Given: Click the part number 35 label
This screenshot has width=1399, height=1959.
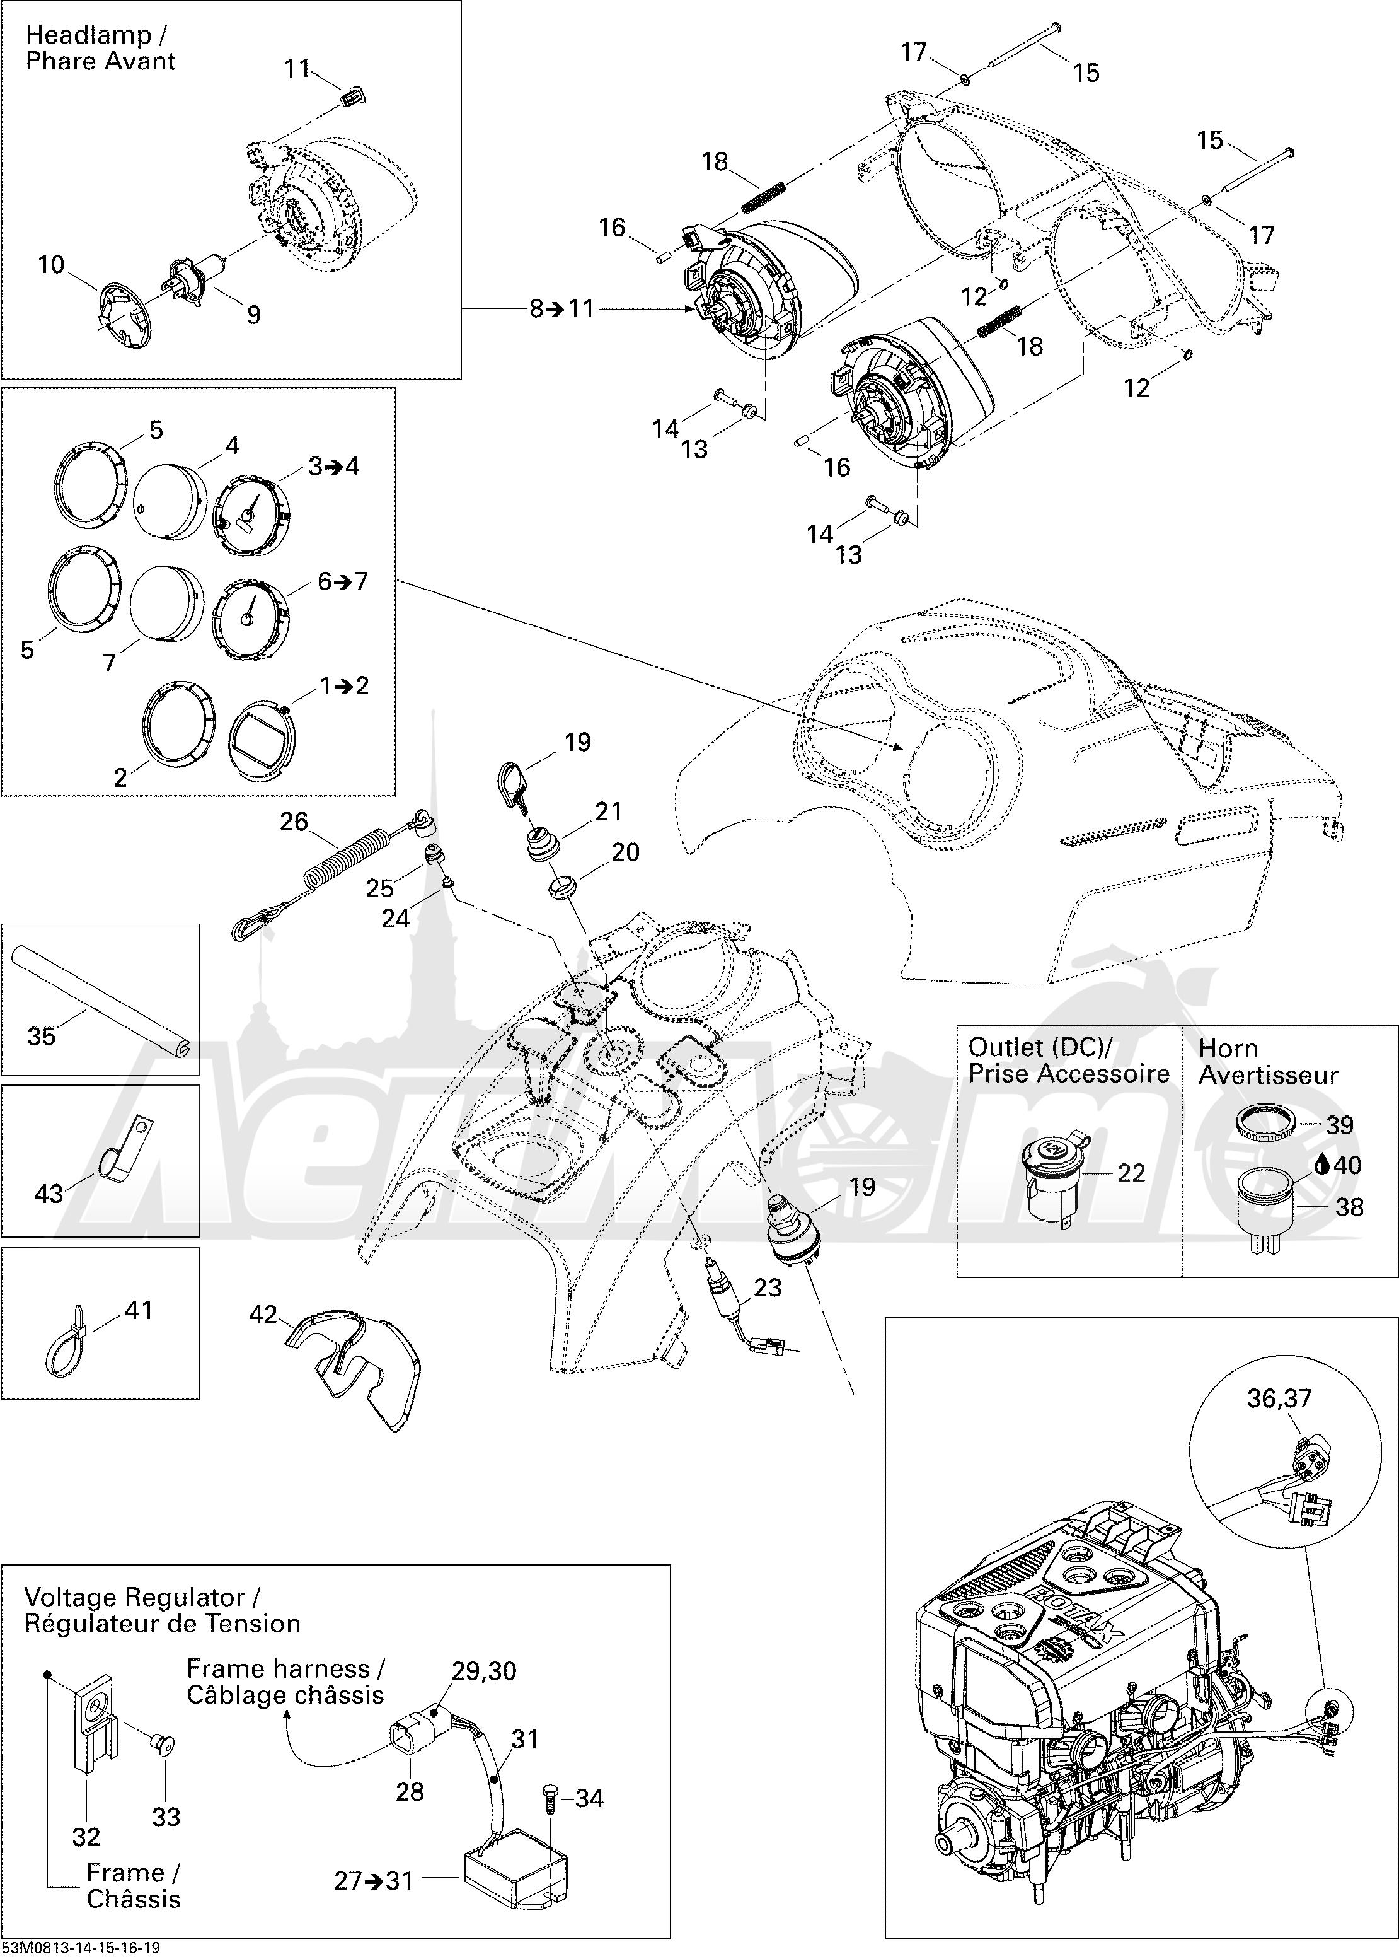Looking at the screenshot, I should (42, 1035).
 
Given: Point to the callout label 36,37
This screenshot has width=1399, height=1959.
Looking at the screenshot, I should (1279, 1397).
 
